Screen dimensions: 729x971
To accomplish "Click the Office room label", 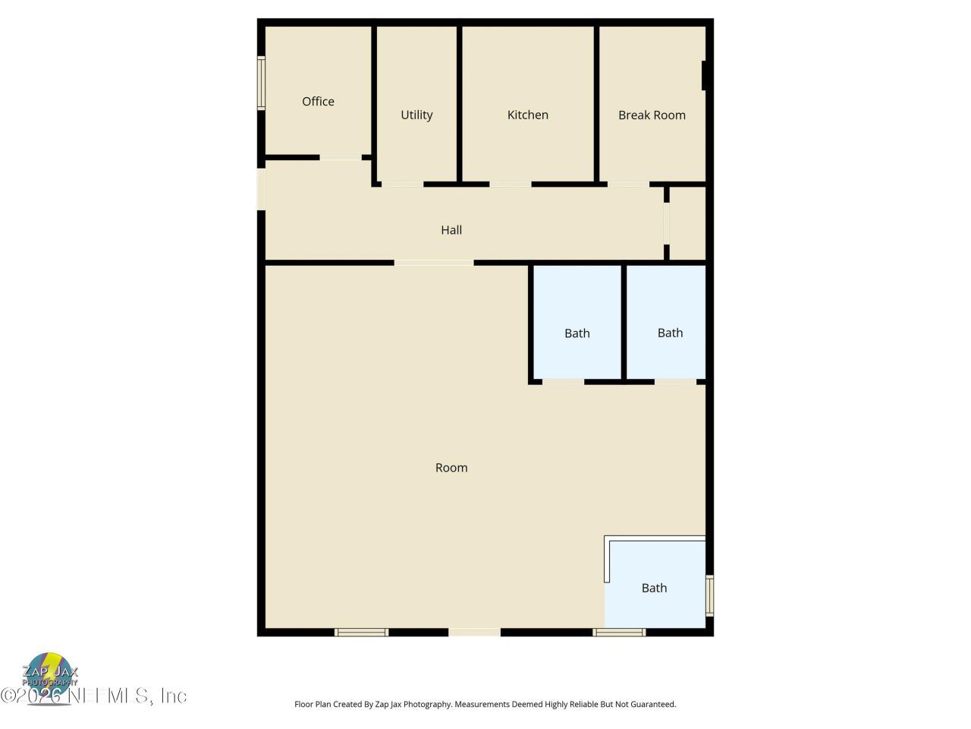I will click(318, 102).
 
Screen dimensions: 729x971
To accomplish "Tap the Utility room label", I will click(416, 115).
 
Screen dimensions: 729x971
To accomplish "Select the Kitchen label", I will click(527, 115).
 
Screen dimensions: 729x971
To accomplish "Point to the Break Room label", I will click(652, 115).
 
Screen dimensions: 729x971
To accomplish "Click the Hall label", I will click(451, 230).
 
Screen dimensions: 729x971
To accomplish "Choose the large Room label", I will click(451, 468).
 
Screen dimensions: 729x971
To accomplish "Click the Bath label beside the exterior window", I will click(654, 588).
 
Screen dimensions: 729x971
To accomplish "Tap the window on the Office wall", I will click(261, 84).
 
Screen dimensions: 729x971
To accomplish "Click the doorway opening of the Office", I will click(340, 158).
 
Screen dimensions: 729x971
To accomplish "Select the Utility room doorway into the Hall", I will click(402, 184).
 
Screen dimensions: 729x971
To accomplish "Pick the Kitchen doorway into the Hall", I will click(510, 184).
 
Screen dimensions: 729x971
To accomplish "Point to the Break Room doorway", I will click(628, 184).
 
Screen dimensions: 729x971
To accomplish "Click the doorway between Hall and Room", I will click(434, 263).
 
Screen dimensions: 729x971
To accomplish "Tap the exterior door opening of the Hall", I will click(261, 188).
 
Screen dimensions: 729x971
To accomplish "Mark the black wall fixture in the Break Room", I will click(704, 75).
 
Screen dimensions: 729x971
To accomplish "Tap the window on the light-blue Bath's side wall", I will click(709, 595).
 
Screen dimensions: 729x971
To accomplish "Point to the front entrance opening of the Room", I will click(474, 632).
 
